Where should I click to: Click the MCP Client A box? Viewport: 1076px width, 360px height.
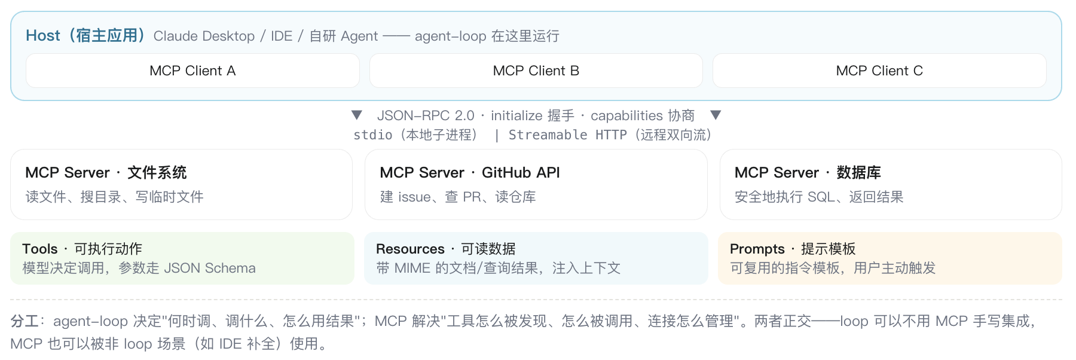point(192,71)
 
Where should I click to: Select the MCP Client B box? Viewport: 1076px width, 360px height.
point(536,71)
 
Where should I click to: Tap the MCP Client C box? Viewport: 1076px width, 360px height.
point(879,71)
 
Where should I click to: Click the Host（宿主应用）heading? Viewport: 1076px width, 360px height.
point(85,36)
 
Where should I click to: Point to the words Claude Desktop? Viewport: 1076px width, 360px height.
point(204,36)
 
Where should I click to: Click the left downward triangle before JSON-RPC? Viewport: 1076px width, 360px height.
point(357,115)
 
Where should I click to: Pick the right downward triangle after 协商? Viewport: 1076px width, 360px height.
point(716,115)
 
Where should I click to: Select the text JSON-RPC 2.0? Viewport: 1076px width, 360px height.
point(426,115)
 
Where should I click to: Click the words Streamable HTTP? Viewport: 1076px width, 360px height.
point(568,135)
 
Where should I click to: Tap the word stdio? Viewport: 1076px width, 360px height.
point(373,135)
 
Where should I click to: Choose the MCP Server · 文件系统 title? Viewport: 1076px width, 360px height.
point(106,173)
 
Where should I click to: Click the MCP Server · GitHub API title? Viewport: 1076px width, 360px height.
point(470,173)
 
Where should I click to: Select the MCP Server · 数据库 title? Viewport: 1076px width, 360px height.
point(808,173)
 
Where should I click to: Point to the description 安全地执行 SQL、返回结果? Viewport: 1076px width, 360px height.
point(819,197)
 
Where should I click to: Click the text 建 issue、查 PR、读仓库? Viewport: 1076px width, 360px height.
point(458,197)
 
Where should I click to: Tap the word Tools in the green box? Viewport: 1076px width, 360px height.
point(40,249)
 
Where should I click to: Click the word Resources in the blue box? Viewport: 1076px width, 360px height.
point(410,249)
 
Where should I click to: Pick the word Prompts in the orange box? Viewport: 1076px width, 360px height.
point(757,249)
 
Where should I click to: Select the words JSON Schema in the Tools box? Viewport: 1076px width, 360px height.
point(210,268)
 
